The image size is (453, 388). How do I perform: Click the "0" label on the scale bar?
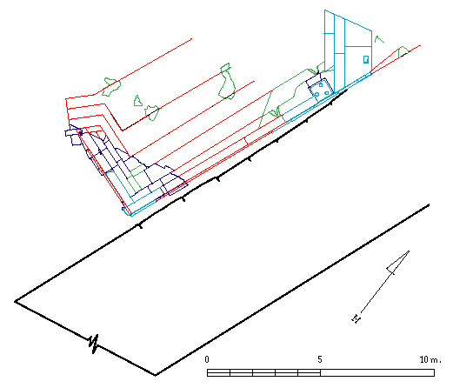point(207,359)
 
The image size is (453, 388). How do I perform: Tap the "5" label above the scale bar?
point(320,359)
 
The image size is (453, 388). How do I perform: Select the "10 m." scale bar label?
point(430,359)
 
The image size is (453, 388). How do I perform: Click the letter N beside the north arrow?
point(356,319)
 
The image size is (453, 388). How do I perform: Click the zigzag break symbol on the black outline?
point(94,344)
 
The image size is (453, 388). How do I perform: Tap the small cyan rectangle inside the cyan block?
point(366,59)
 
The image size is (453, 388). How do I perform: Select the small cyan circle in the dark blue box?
point(316,94)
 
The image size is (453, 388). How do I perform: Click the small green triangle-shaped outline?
point(138,101)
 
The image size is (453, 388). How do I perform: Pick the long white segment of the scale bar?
point(377,372)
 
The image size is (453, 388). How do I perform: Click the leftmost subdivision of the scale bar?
point(218,372)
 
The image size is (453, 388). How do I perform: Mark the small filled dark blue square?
point(81,132)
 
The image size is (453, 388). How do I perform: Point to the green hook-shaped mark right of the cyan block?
point(379,39)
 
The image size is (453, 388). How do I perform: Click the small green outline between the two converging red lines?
point(403,52)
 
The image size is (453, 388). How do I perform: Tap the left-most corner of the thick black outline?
point(16,302)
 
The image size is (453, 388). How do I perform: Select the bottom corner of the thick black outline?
point(156,375)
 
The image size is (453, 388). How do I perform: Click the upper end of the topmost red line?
point(191,38)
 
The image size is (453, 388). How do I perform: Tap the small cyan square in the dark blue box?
point(321,85)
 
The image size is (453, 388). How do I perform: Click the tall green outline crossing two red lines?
point(227,81)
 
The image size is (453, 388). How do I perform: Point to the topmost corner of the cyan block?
point(324,10)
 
